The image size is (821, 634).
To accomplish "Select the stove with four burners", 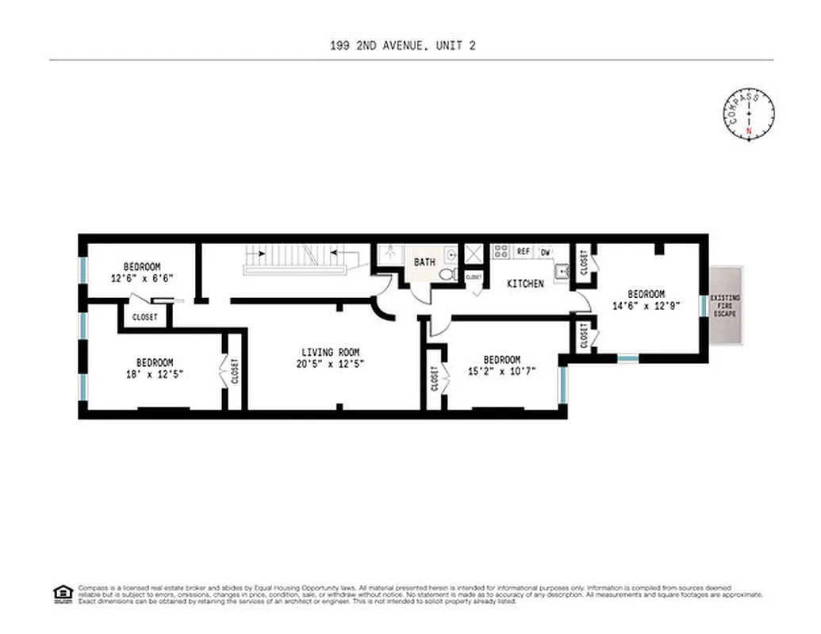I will coord(501,251).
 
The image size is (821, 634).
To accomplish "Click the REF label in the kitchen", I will coord(523,251).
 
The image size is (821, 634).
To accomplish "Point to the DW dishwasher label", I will coord(545,252).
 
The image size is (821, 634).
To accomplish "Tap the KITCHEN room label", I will coord(525,284).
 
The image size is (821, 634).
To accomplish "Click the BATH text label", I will coord(424,262).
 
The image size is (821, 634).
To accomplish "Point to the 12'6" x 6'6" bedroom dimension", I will coord(142,278).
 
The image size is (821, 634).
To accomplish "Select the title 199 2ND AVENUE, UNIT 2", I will coord(402,46).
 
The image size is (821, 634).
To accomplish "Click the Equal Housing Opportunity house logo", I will coord(63,594).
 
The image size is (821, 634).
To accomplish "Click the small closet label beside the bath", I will coord(474,277).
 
